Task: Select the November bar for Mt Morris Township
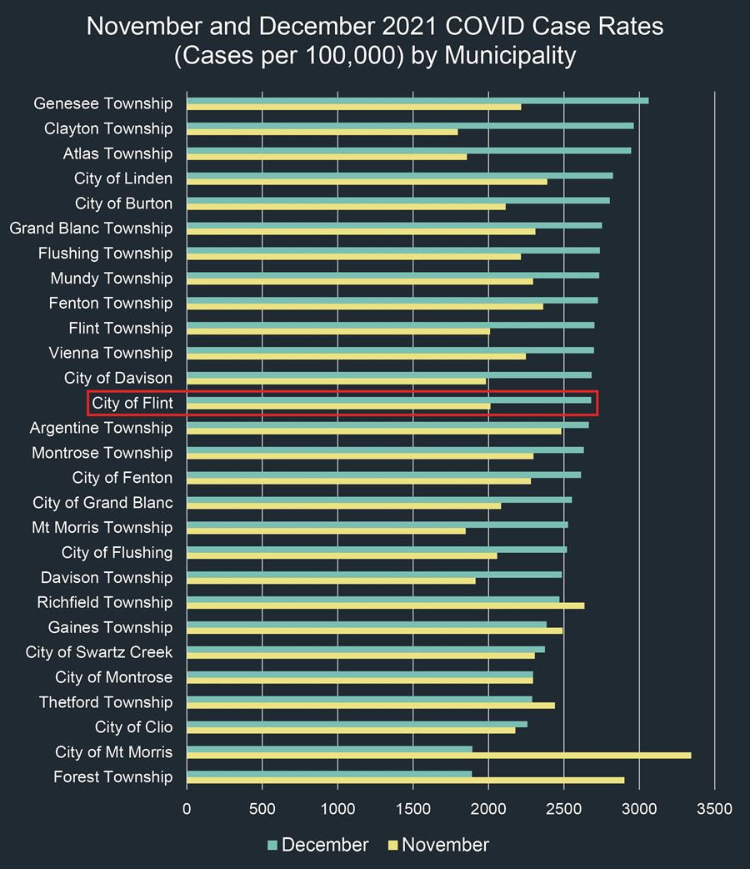point(326,530)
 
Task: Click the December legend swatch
point(272,845)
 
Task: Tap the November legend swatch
point(392,845)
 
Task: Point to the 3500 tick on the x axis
point(714,808)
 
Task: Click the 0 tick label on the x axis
point(187,808)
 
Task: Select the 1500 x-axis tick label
point(413,808)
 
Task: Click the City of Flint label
point(132,403)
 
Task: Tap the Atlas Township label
point(117,153)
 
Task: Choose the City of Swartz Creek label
point(99,652)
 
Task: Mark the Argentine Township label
point(102,428)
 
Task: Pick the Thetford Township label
point(106,702)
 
